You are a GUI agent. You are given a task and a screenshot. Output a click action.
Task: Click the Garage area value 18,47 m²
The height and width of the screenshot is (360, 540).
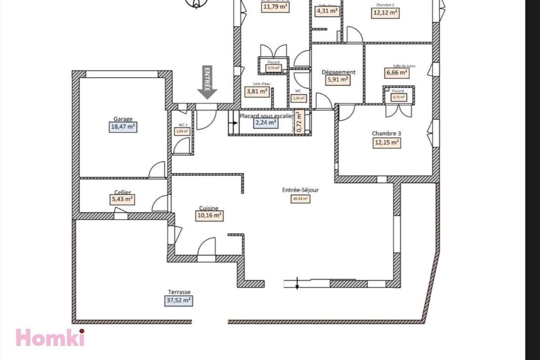pos(123,127)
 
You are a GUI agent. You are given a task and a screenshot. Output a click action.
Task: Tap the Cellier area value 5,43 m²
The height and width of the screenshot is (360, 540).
pos(122,199)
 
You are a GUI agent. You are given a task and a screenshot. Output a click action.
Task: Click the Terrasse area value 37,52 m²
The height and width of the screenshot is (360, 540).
pos(179,301)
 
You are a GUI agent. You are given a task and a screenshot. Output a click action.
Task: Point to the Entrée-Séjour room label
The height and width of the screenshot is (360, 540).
pos(300,190)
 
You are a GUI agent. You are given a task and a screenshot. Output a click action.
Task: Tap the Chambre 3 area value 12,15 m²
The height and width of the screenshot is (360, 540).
pos(386,142)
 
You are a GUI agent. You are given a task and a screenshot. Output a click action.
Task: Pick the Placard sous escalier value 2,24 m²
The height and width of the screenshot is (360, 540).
pos(266,123)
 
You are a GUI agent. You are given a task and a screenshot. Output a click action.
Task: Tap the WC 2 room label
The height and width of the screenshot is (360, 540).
pos(183,125)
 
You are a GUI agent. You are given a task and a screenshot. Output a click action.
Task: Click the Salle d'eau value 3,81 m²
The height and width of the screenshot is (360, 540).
pos(258,91)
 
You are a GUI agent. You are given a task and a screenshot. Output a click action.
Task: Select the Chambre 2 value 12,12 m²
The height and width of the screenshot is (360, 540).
pos(386,13)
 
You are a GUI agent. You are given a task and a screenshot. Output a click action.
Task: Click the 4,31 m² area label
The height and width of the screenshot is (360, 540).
pos(327,10)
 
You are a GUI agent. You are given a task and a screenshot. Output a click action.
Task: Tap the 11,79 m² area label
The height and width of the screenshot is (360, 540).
pos(275,8)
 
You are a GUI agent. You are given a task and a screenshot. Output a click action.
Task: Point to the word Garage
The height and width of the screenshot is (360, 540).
pos(123,119)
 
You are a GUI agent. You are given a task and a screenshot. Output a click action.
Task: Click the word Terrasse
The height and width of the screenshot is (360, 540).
pos(179,292)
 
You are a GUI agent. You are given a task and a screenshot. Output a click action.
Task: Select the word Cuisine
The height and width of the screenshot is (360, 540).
pos(208,208)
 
